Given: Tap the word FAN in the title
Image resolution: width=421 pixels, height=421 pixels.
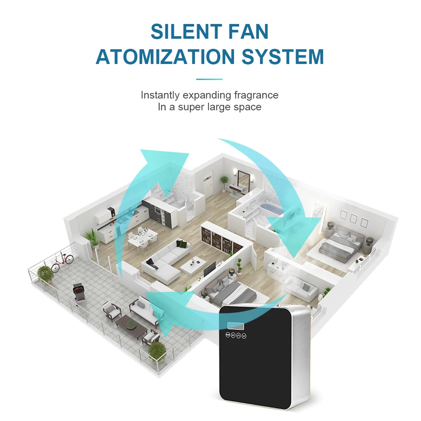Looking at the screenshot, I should pyautogui.click(x=248, y=32).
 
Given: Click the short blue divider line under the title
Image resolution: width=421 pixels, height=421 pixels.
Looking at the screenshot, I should pyautogui.click(x=209, y=79).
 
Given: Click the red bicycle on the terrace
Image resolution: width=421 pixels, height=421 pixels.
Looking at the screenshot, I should pyautogui.click(x=62, y=264).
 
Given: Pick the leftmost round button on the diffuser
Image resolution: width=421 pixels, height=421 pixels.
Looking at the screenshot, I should pyautogui.click(x=228, y=336).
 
